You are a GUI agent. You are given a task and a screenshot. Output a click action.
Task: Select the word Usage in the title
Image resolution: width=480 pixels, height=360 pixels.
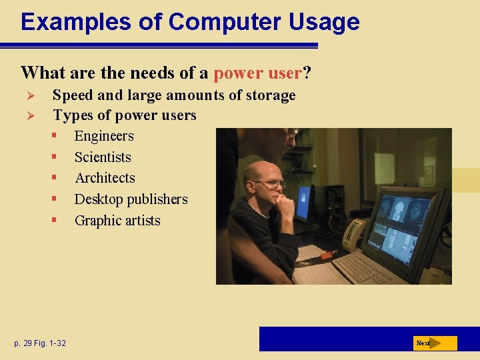tap(324, 22)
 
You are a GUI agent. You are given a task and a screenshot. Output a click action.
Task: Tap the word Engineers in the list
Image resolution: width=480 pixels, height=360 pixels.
tap(104, 136)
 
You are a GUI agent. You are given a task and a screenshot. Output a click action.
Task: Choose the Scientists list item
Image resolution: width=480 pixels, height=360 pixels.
tap(103, 157)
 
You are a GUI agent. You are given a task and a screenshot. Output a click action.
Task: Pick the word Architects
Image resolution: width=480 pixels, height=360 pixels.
tap(105, 178)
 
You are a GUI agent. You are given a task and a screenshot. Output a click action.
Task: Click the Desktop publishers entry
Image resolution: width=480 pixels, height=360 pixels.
tap(131, 199)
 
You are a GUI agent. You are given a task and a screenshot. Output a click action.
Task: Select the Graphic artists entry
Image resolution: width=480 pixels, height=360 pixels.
tap(117, 221)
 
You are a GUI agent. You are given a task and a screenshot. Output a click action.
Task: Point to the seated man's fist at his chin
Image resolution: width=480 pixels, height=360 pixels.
tap(283, 205)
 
